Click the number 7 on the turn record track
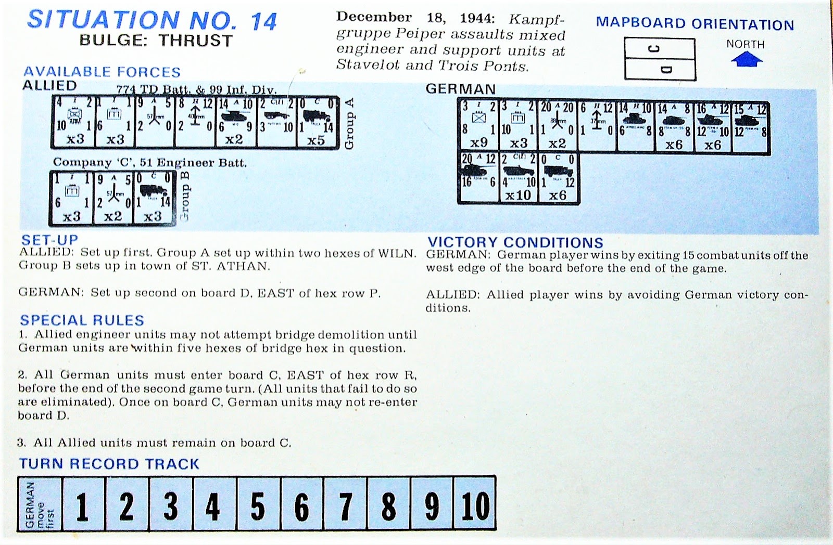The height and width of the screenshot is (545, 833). (345, 505)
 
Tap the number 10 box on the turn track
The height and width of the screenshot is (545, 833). (474, 505)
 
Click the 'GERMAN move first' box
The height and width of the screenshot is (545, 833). (40, 505)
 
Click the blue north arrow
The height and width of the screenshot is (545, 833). (746, 60)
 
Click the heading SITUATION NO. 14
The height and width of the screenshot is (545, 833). (152, 20)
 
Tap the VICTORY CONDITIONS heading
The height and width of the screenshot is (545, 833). (515, 242)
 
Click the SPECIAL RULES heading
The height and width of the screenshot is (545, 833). (82, 320)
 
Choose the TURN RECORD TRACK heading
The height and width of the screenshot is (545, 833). (109, 464)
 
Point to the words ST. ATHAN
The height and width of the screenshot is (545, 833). (243, 266)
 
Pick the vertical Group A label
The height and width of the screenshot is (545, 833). (349, 123)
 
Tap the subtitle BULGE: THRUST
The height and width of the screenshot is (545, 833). (155, 41)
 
